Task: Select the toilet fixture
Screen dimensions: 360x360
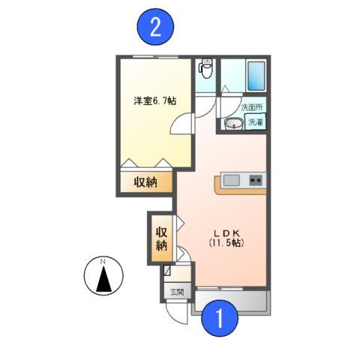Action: click(x=205, y=70)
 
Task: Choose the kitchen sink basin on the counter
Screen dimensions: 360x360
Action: click(x=231, y=180)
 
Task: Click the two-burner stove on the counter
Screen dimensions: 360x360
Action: click(x=255, y=180)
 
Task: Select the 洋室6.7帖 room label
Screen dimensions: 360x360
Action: click(x=155, y=101)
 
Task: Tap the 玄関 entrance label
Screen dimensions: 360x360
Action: click(x=175, y=292)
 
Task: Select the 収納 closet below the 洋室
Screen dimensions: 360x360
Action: click(x=145, y=182)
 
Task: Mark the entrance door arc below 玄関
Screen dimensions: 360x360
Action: click(x=178, y=310)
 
